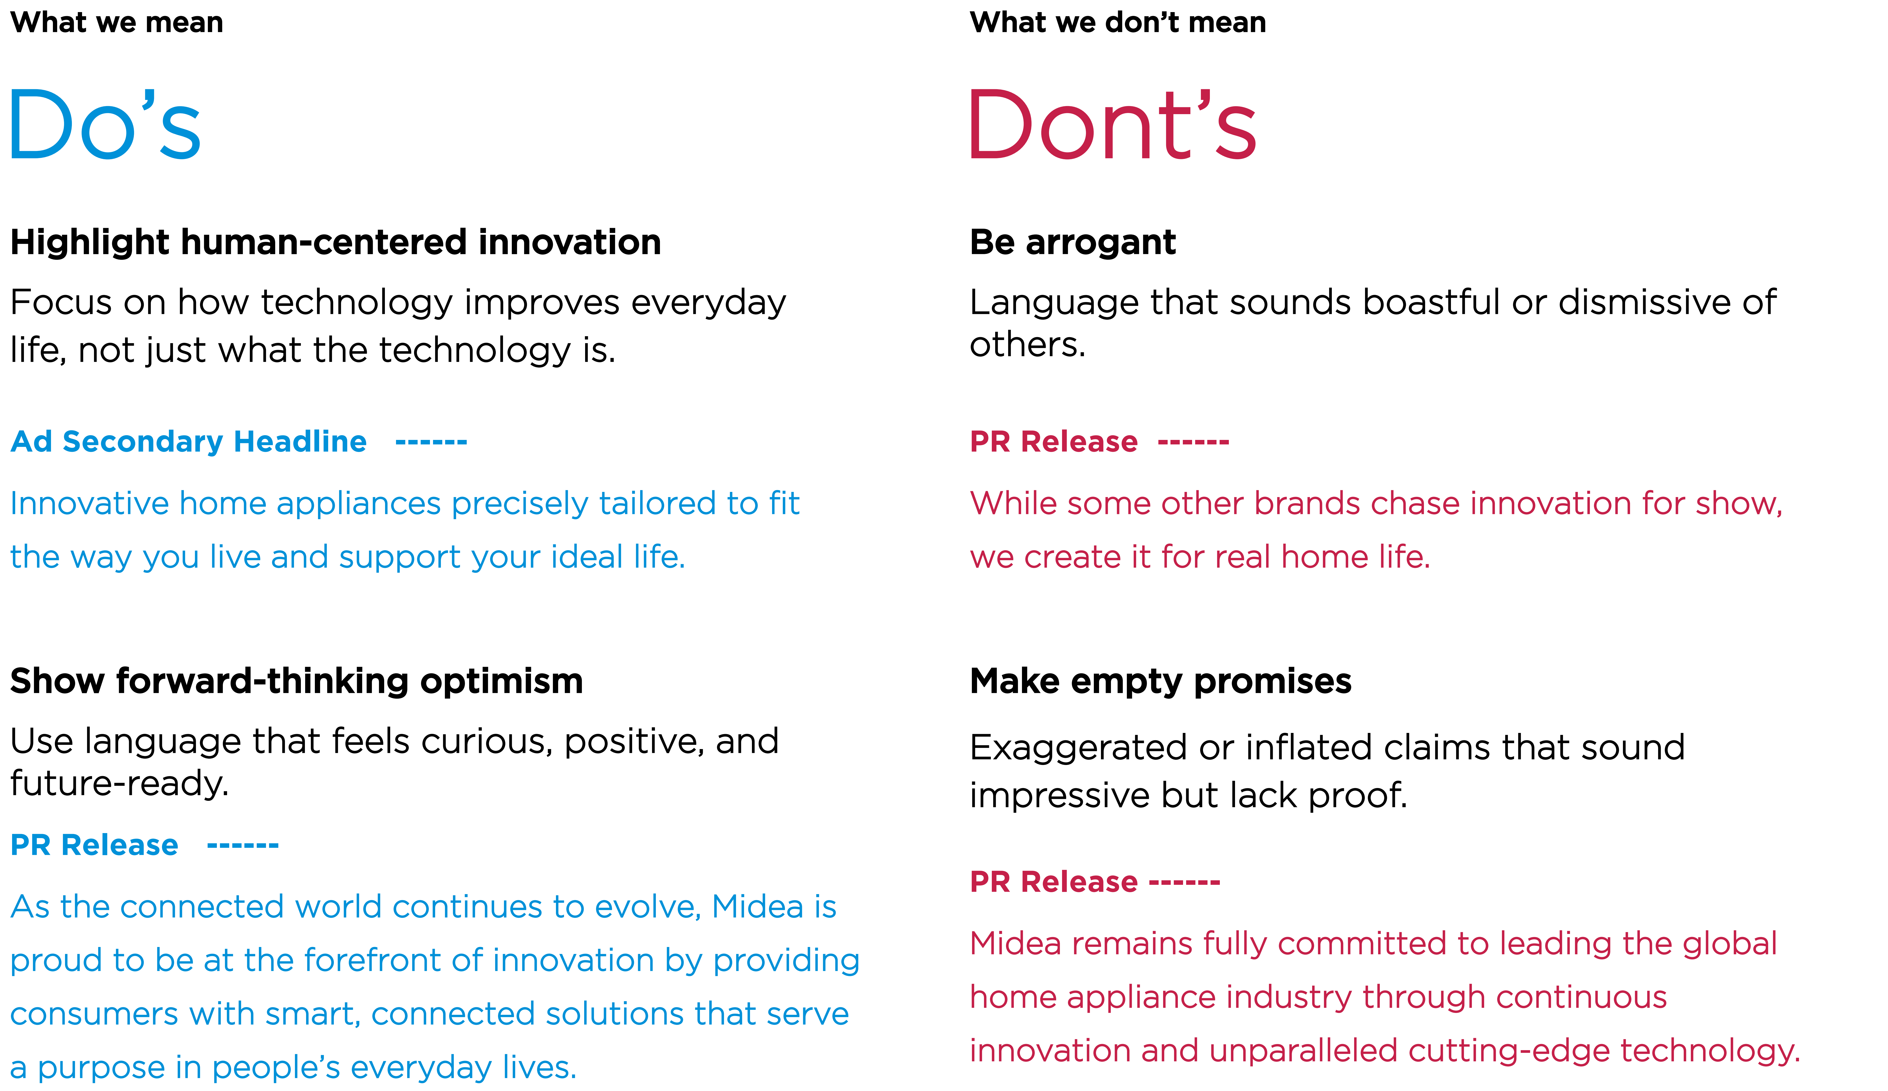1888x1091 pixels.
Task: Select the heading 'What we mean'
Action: (117, 23)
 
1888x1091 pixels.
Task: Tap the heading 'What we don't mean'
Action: (1118, 23)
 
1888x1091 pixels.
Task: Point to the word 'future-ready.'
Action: (120, 784)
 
